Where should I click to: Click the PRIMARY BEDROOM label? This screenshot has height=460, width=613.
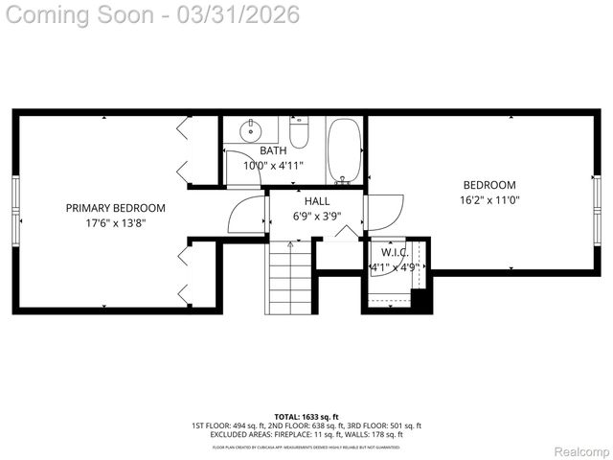(x=115, y=208)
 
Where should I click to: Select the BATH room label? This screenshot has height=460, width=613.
(x=273, y=150)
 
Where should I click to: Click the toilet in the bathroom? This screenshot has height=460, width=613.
(x=299, y=135)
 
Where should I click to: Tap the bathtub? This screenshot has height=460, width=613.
(x=343, y=150)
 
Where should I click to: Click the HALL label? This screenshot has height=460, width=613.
(x=317, y=201)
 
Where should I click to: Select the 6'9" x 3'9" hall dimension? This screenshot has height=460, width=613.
(x=317, y=216)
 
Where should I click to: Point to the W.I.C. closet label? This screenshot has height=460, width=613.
(x=395, y=252)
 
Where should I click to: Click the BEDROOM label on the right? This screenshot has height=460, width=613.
(x=489, y=185)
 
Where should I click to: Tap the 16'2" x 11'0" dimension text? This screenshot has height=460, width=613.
(x=489, y=200)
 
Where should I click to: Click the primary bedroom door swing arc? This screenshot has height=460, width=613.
(x=245, y=215)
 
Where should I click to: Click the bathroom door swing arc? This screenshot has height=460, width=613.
(x=243, y=165)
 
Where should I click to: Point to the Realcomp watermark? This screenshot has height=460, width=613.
(x=582, y=451)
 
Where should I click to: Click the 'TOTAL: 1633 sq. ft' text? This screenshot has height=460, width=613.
(x=306, y=417)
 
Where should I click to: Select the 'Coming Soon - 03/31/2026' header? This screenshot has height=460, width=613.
(x=151, y=14)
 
